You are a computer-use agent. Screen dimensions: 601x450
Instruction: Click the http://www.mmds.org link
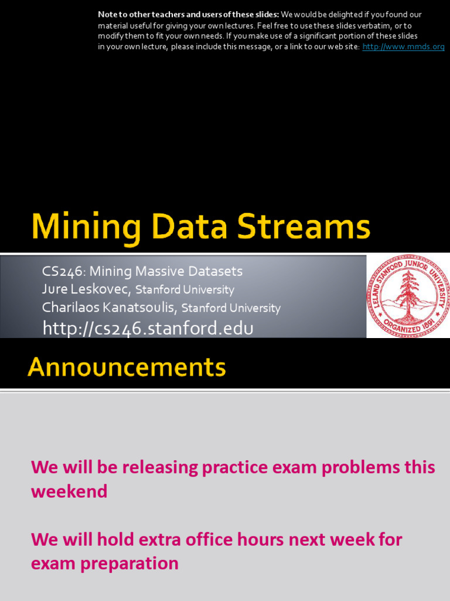coord(403,47)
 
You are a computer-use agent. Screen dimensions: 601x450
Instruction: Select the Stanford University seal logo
coord(408,296)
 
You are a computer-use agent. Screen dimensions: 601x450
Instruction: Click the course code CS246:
coord(64,272)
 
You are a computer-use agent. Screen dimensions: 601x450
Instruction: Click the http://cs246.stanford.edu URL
coord(148,328)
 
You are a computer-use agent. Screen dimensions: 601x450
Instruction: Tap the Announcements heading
coord(127,367)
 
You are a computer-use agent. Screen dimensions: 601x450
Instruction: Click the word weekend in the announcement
coord(69,491)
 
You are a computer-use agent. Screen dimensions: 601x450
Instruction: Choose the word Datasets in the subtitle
coord(214,272)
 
